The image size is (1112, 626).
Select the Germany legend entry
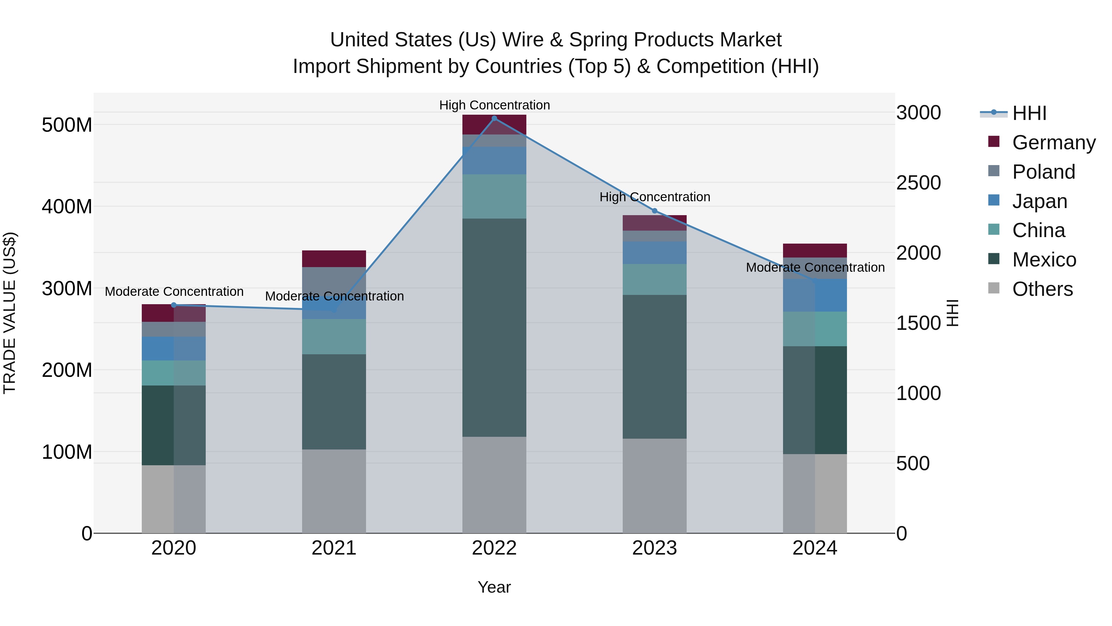[x=1053, y=143]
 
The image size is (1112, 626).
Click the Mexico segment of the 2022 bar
[x=494, y=327]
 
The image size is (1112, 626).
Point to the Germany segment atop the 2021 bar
[x=334, y=259]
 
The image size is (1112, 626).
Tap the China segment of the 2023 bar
[x=655, y=279]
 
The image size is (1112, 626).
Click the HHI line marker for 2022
[x=494, y=118]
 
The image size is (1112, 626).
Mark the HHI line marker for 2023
[x=655, y=211]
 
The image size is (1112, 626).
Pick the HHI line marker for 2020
[x=174, y=305]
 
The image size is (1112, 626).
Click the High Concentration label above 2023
[x=655, y=197]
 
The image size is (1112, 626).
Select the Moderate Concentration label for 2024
[x=815, y=267]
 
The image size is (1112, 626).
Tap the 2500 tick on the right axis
[x=918, y=183]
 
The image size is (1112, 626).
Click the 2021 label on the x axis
[x=334, y=548]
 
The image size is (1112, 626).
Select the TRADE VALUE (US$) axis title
[x=10, y=313]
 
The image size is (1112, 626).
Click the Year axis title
[x=494, y=587]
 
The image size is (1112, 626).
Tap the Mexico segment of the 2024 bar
[x=815, y=400]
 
